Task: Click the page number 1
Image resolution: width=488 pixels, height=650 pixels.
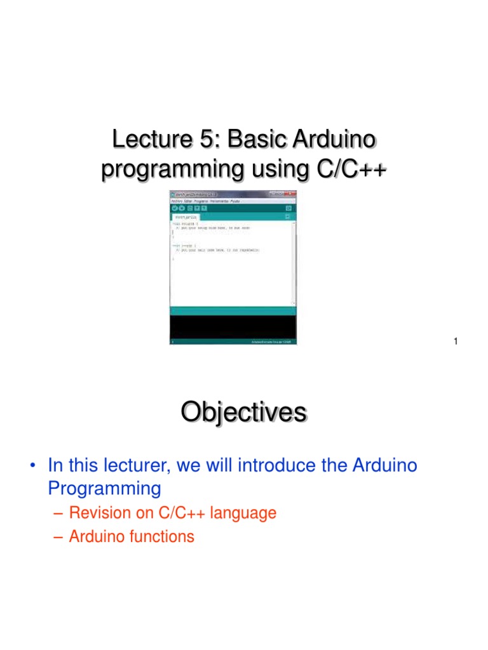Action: (x=456, y=343)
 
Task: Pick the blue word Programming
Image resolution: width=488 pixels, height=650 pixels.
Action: (x=105, y=488)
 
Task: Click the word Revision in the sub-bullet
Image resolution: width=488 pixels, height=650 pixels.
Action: (x=98, y=513)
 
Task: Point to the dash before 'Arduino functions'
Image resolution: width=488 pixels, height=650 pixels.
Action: (x=58, y=536)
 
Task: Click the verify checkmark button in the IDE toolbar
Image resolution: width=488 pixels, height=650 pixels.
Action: (x=174, y=208)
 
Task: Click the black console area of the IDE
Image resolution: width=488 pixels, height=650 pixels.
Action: (x=233, y=326)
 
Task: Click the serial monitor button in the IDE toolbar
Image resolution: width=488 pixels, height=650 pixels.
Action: (x=289, y=208)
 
